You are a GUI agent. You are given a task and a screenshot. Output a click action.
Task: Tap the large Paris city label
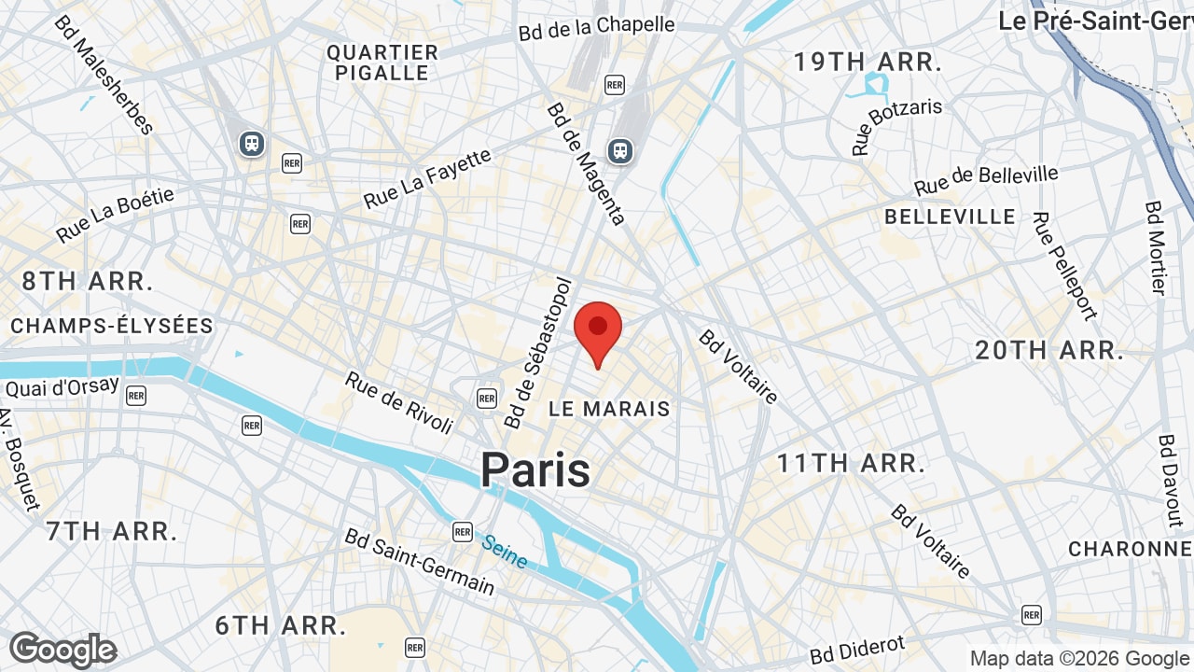pyautogui.click(x=535, y=469)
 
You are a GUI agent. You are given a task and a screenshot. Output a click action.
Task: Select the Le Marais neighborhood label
pyautogui.click(x=609, y=409)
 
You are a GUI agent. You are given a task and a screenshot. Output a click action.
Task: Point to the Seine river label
pyautogui.click(x=505, y=551)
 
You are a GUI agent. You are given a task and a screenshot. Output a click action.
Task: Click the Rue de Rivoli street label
pyautogui.click(x=399, y=402)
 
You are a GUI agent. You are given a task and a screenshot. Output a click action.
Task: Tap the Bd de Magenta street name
pyautogui.click(x=586, y=164)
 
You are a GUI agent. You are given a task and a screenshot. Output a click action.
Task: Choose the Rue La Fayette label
pyautogui.click(x=427, y=178)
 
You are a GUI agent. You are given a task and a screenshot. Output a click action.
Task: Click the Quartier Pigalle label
pyautogui.click(x=382, y=63)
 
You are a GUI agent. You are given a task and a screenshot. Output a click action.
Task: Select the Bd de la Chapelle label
pyautogui.click(x=596, y=27)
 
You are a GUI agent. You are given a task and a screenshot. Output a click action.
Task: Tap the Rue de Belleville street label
pyautogui.click(x=987, y=180)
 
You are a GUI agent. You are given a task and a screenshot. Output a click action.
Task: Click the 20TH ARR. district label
pyautogui.click(x=1049, y=351)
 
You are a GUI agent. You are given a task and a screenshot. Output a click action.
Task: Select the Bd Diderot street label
pyautogui.click(x=857, y=650)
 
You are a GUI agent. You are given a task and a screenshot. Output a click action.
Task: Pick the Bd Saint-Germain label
pyautogui.click(x=420, y=562)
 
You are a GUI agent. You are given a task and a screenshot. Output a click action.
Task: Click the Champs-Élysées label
pyautogui.click(x=112, y=326)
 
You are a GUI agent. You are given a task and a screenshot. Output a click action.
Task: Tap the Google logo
pyautogui.click(x=62, y=651)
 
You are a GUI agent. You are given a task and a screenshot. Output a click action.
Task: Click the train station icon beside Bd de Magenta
pyautogui.click(x=619, y=150)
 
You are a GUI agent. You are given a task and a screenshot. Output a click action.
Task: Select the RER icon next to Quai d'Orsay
pyautogui.click(x=136, y=395)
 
